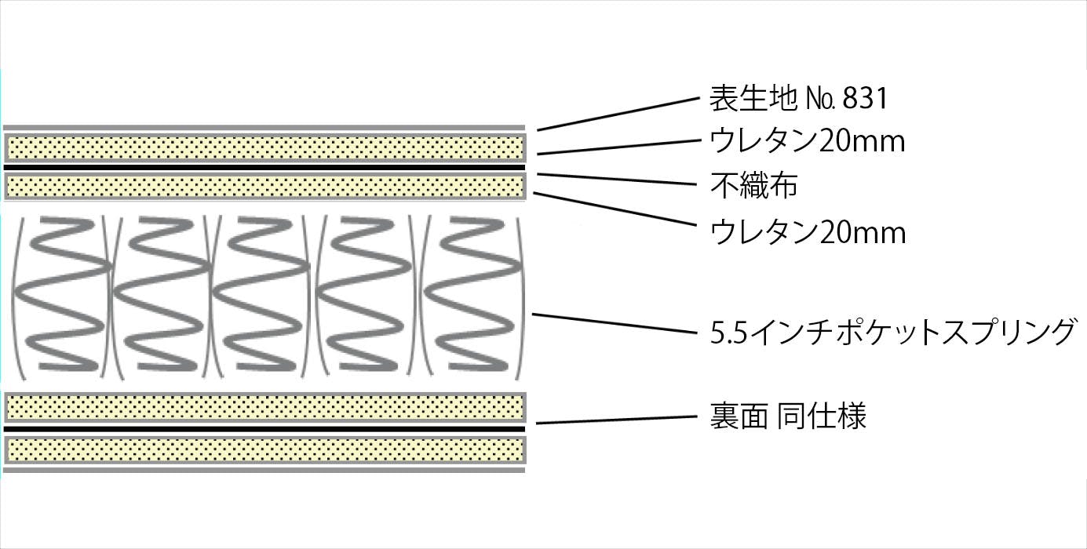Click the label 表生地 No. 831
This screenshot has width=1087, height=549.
(797, 99)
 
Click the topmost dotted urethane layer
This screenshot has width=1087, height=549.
(264, 147)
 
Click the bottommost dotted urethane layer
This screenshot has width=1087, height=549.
(264, 449)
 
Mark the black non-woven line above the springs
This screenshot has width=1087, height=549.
(264, 168)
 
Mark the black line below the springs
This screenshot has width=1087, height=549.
(264, 429)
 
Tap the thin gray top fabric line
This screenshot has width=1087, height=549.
(264, 127)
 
